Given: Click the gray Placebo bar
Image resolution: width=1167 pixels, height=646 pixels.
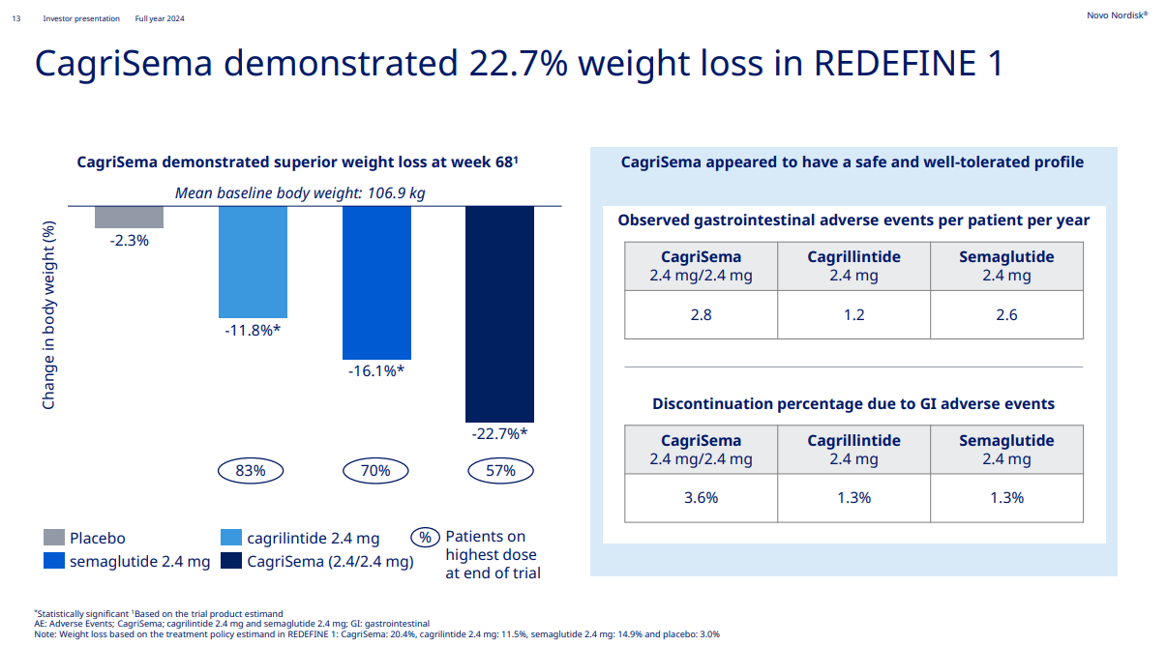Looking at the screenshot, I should pos(129,217).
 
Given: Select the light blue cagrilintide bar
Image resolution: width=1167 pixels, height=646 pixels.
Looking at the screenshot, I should pos(253,261).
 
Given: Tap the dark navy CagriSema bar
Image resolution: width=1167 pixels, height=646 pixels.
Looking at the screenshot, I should pos(499,313).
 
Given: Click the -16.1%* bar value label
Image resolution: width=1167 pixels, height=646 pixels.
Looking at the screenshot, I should pos(376,370).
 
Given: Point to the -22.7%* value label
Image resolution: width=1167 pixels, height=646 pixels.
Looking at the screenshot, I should pos(499,433).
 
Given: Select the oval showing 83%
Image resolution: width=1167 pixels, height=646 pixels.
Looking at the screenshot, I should pos(251,471).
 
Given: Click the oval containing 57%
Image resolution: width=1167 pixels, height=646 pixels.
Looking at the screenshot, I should pos(500,471).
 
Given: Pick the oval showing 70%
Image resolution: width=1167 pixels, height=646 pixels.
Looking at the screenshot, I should pos(375,471).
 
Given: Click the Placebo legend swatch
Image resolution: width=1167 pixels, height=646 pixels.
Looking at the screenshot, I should pos(54,538).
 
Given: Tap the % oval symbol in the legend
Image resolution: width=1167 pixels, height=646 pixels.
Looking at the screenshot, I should pos(424,538).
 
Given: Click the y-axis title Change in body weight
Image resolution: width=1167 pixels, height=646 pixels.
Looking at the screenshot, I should pos(49,314).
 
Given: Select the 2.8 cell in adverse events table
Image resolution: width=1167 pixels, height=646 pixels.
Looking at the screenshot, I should pos(701,315).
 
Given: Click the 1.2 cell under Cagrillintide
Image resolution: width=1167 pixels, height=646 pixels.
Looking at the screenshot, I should pos(853,315).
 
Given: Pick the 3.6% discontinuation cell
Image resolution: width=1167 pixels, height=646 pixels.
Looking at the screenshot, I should pos(701,498).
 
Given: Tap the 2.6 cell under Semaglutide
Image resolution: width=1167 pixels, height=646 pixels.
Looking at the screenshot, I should pos(1006,315).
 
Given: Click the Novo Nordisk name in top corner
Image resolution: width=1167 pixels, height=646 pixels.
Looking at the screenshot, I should pos(1116,16).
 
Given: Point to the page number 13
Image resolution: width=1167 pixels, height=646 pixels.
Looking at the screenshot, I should pos(15,18).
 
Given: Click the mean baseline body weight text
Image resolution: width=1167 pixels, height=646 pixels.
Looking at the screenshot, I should pos(300,193).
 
